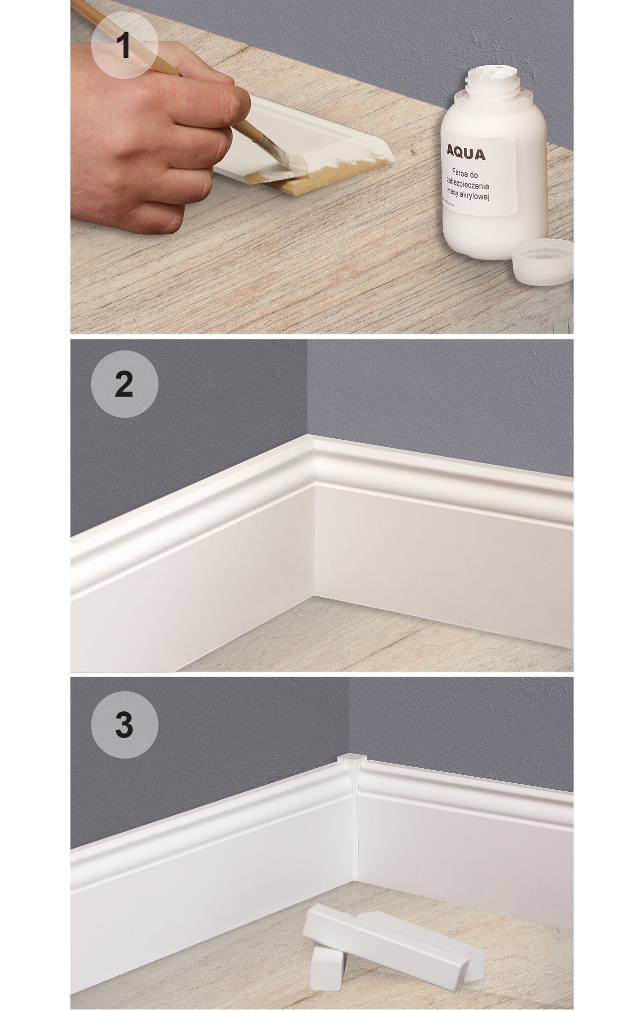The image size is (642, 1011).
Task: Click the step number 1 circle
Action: (x=124, y=46)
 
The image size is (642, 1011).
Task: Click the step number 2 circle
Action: (x=124, y=384)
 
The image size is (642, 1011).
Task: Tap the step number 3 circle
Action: (x=124, y=724)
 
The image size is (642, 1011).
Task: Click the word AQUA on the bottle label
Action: (x=466, y=154)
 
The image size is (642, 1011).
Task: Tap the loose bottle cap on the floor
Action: (x=542, y=262)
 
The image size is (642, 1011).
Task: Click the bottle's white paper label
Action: (x=478, y=173)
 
